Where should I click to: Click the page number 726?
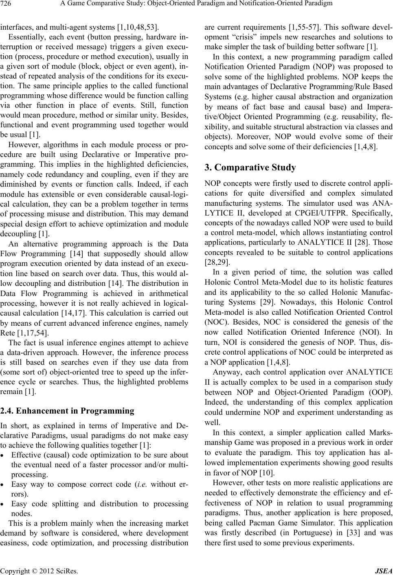pyautogui.click(x=6, y=4)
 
